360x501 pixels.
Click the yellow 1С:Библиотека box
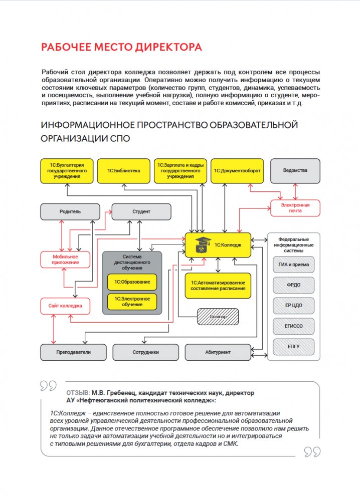click(124, 171)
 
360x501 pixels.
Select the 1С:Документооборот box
click(237, 171)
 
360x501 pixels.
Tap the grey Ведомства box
click(295, 171)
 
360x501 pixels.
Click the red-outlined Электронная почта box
click(295, 208)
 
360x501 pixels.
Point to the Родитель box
click(70, 211)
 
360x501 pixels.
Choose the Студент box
click(141, 211)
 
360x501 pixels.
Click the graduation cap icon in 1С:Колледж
click(203, 244)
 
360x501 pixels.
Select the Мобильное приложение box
click(65, 260)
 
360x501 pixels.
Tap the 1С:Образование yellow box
click(132, 282)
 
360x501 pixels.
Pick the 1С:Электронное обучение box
click(132, 302)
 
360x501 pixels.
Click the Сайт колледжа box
click(65, 306)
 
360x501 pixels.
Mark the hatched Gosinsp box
click(217, 317)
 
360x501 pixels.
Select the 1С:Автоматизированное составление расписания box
click(218, 286)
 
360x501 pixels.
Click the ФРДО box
click(293, 285)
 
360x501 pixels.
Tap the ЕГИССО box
click(293, 326)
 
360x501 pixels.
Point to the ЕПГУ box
click(293, 347)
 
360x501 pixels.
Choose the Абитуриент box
click(218, 352)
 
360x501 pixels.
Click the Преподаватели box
click(73, 352)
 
